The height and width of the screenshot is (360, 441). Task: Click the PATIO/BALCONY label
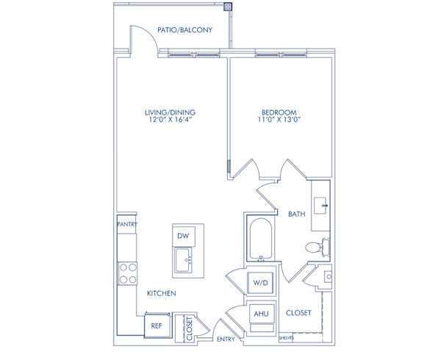pos(185,30)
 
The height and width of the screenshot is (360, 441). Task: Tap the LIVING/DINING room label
pos(170,112)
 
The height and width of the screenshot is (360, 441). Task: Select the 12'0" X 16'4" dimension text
pos(170,121)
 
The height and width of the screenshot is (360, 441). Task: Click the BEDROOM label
pos(279,112)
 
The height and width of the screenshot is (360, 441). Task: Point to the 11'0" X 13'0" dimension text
pos(279,121)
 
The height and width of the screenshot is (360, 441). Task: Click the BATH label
pos(297,215)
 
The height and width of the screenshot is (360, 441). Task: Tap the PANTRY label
pos(127,225)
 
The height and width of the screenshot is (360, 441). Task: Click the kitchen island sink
pos(184,260)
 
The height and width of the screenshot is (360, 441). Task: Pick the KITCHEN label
pos(161,293)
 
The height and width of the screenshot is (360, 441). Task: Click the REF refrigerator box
pos(157,325)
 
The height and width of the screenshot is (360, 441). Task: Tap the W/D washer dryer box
pos(261,282)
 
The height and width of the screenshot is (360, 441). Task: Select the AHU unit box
pos(261,313)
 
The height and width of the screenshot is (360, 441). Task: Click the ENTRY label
pos(226,339)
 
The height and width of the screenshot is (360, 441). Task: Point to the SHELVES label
pos(286,338)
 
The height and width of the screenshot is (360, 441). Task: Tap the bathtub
pos(260,238)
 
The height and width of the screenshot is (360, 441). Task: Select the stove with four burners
pos(127,273)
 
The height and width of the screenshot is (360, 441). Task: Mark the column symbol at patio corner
pos(229,7)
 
